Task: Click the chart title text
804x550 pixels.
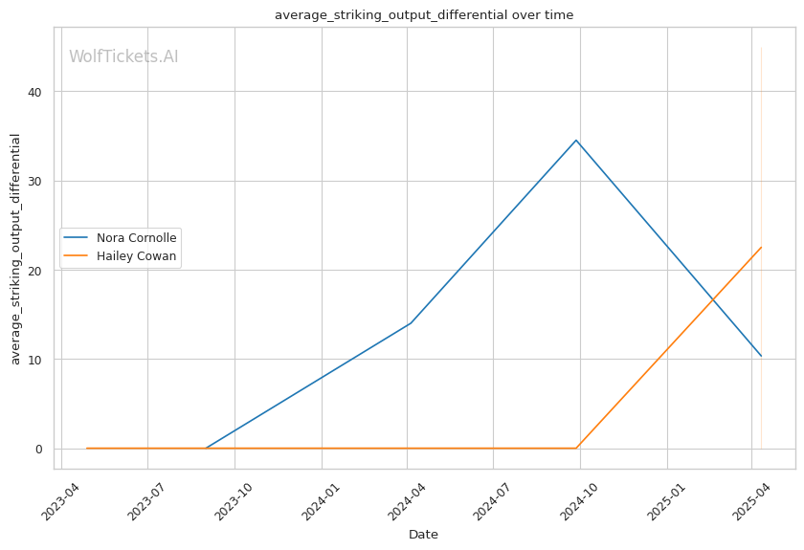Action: pos(424,15)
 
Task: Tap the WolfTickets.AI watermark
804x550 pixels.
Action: pos(123,56)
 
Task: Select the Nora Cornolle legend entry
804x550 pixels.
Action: pos(120,238)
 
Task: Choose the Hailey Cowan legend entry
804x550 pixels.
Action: pos(120,255)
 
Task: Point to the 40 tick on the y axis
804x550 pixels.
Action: pos(35,92)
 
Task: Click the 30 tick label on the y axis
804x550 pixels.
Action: pos(35,182)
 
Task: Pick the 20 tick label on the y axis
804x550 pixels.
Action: pos(35,271)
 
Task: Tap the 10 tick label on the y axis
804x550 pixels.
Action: pos(35,360)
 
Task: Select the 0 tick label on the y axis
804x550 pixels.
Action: pos(39,450)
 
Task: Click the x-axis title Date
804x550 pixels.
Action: pos(423,535)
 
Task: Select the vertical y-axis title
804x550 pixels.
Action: pos(15,249)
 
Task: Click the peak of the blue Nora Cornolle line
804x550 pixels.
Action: pos(576,140)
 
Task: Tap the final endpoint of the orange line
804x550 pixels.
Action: pos(762,247)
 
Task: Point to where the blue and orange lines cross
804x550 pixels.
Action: pos(713,299)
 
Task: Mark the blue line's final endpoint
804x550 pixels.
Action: pos(762,356)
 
